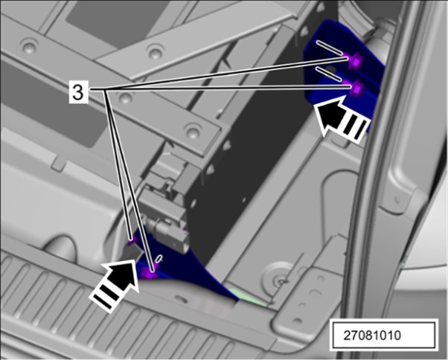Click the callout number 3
(x=78, y=92)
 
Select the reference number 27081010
(x=372, y=335)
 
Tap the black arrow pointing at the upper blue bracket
(x=340, y=120)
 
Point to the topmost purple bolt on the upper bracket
(x=354, y=60)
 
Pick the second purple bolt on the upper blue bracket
(x=356, y=87)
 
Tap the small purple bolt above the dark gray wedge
(x=131, y=240)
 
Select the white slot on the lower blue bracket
(x=159, y=258)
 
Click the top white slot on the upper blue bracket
(x=329, y=47)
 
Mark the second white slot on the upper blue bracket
(x=329, y=74)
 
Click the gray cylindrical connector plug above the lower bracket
(x=169, y=234)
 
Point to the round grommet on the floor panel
(x=276, y=280)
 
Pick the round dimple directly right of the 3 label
(x=125, y=98)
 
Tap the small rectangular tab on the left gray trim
(x=59, y=164)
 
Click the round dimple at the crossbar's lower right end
(x=192, y=131)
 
